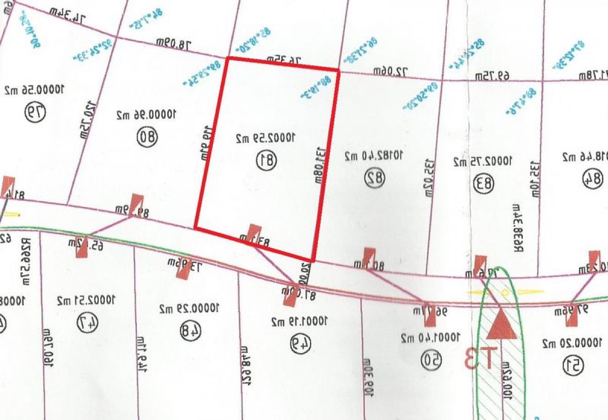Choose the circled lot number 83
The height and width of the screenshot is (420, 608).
(x=484, y=183)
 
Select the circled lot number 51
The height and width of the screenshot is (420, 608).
(x=574, y=363)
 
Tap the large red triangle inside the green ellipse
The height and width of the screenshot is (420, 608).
(x=502, y=325)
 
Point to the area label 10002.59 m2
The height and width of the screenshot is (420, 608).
(x=265, y=137)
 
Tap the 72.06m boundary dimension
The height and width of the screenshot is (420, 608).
(x=391, y=72)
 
